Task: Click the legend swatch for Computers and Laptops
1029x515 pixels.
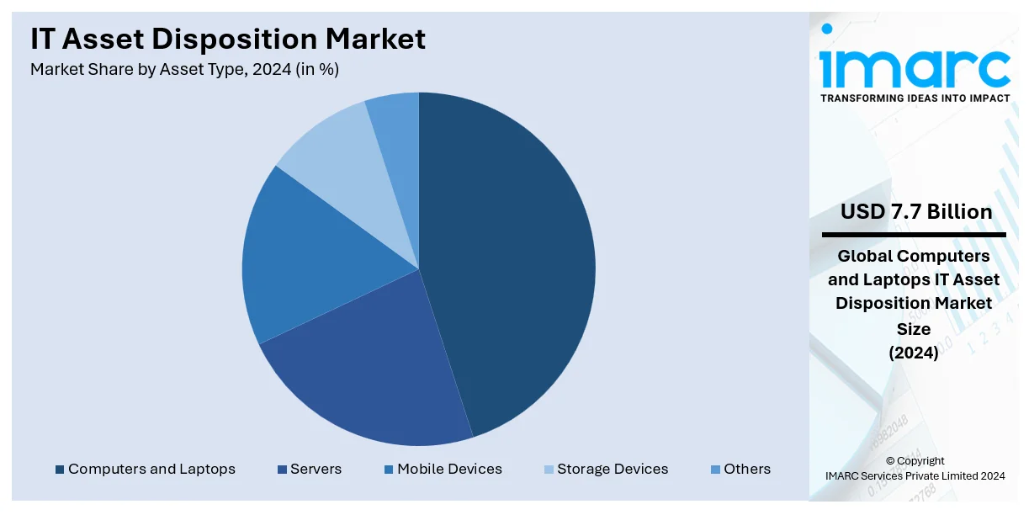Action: pyautogui.click(x=60, y=470)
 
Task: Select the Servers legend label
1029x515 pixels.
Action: pyautogui.click(x=316, y=470)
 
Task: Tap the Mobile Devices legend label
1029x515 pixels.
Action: pyautogui.click(x=449, y=470)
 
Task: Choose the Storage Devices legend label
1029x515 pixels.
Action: pyautogui.click(x=613, y=470)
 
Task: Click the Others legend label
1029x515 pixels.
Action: pyautogui.click(x=747, y=470)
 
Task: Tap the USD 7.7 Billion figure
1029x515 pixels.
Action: pyautogui.click(x=916, y=212)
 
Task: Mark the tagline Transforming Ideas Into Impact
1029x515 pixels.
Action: pyautogui.click(x=915, y=98)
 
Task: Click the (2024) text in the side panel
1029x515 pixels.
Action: pyautogui.click(x=914, y=353)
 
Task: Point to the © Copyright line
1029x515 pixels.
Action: pyautogui.click(x=915, y=461)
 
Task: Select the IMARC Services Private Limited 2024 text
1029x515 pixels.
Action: pyautogui.click(x=915, y=476)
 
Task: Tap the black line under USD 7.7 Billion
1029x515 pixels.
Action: pyautogui.click(x=914, y=234)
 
